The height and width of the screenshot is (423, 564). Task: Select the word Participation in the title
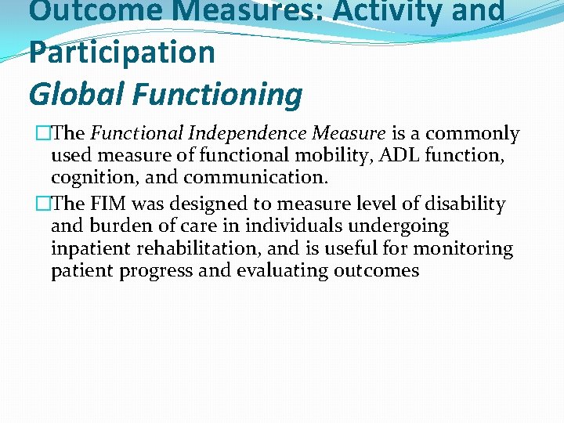point(121,52)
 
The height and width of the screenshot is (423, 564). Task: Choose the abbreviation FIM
point(114,204)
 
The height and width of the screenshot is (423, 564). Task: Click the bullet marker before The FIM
point(42,204)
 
